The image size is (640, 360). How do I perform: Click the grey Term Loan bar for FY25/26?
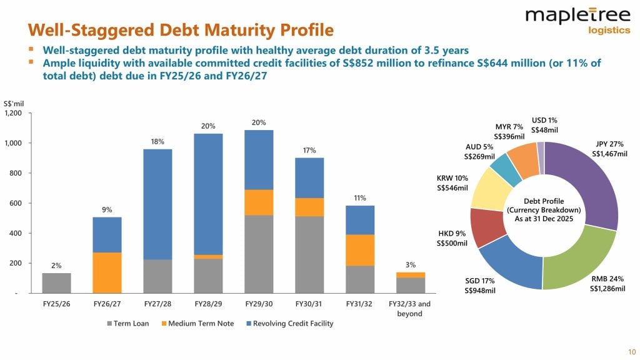[56, 283]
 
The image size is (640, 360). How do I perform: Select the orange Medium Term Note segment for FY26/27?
[107, 272]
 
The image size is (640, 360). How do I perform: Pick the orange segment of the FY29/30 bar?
[259, 202]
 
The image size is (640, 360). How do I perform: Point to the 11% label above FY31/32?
[359, 198]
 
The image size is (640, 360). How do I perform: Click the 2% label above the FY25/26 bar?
[56, 266]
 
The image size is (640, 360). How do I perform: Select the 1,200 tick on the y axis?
[13, 113]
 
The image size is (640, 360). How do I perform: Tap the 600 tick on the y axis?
[16, 203]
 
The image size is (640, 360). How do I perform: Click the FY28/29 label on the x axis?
[208, 304]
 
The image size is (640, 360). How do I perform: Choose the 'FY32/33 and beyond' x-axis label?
[410, 308]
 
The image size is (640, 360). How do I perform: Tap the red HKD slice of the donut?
[483, 227]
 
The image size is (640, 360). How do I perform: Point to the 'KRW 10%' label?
[452, 178]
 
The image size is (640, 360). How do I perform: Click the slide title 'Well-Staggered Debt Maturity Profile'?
[181, 29]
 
